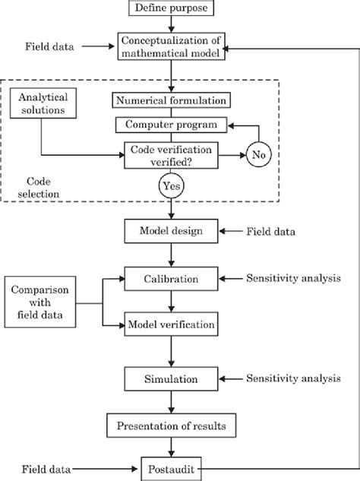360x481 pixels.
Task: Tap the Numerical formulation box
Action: click(x=172, y=100)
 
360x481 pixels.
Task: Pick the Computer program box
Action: click(x=172, y=124)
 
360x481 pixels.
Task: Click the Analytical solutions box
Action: click(x=43, y=104)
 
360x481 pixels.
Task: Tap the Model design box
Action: click(x=171, y=232)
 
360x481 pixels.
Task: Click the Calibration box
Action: click(x=171, y=278)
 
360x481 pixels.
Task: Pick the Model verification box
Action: click(x=171, y=325)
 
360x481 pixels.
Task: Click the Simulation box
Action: click(x=171, y=378)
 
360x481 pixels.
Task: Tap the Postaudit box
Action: click(x=171, y=470)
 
